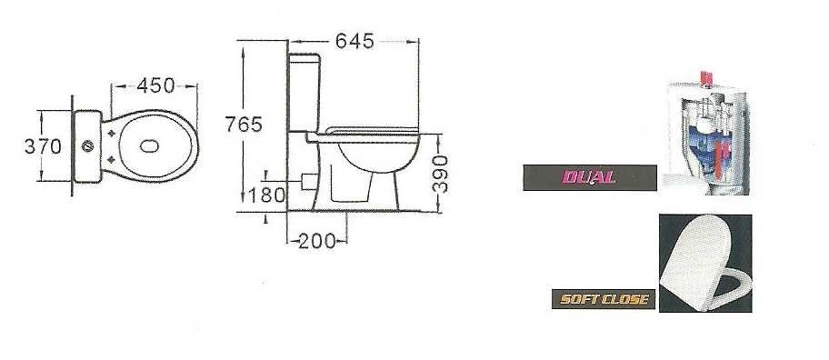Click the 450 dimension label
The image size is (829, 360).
tap(155, 85)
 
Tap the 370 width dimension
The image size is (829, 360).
tap(43, 146)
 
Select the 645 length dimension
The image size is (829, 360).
tap(355, 41)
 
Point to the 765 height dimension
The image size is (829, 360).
tap(244, 125)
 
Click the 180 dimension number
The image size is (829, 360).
tap(266, 195)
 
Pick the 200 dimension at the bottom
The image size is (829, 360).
tap(316, 242)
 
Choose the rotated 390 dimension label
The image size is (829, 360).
tap(440, 174)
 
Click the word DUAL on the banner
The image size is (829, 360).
tap(589, 177)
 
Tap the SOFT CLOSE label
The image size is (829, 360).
tap(604, 300)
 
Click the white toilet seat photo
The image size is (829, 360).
tap(705, 264)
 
